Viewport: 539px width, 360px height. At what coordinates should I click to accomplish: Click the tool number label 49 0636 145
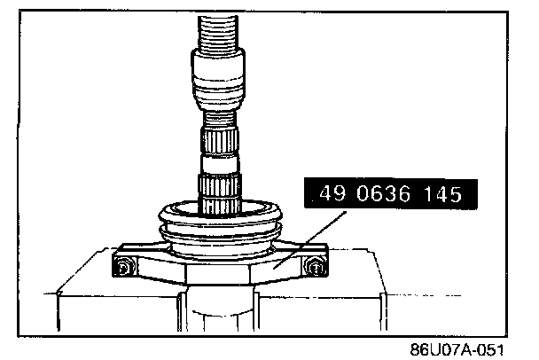coord(391,193)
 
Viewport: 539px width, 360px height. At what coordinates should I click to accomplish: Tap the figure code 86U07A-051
coord(457,349)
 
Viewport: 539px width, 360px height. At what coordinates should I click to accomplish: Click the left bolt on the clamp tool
coord(123,267)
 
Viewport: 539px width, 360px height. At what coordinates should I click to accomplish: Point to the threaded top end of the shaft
coord(218,32)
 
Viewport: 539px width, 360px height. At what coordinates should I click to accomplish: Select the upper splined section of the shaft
coord(220,141)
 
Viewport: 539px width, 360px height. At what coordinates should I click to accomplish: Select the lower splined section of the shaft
coord(219,194)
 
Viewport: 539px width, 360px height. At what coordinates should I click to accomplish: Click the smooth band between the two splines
coord(220,164)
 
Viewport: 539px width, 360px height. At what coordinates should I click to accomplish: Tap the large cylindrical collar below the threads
coord(218,78)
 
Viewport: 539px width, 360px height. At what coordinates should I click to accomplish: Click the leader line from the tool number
coord(312,239)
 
